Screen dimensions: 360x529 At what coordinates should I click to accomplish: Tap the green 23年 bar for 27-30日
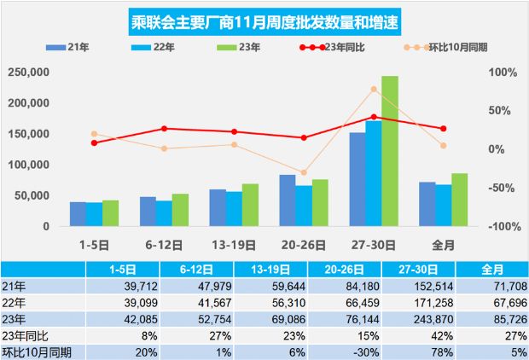tap(389, 151)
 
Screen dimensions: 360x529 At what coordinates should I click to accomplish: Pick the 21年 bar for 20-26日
tap(288, 200)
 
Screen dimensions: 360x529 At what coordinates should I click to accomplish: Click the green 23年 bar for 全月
tap(459, 200)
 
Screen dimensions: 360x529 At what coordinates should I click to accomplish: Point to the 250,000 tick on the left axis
tap(29, 73)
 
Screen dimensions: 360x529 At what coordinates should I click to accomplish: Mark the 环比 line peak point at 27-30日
tap(374, 89)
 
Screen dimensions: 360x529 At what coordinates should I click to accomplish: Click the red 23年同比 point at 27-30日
tap(374, 117)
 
